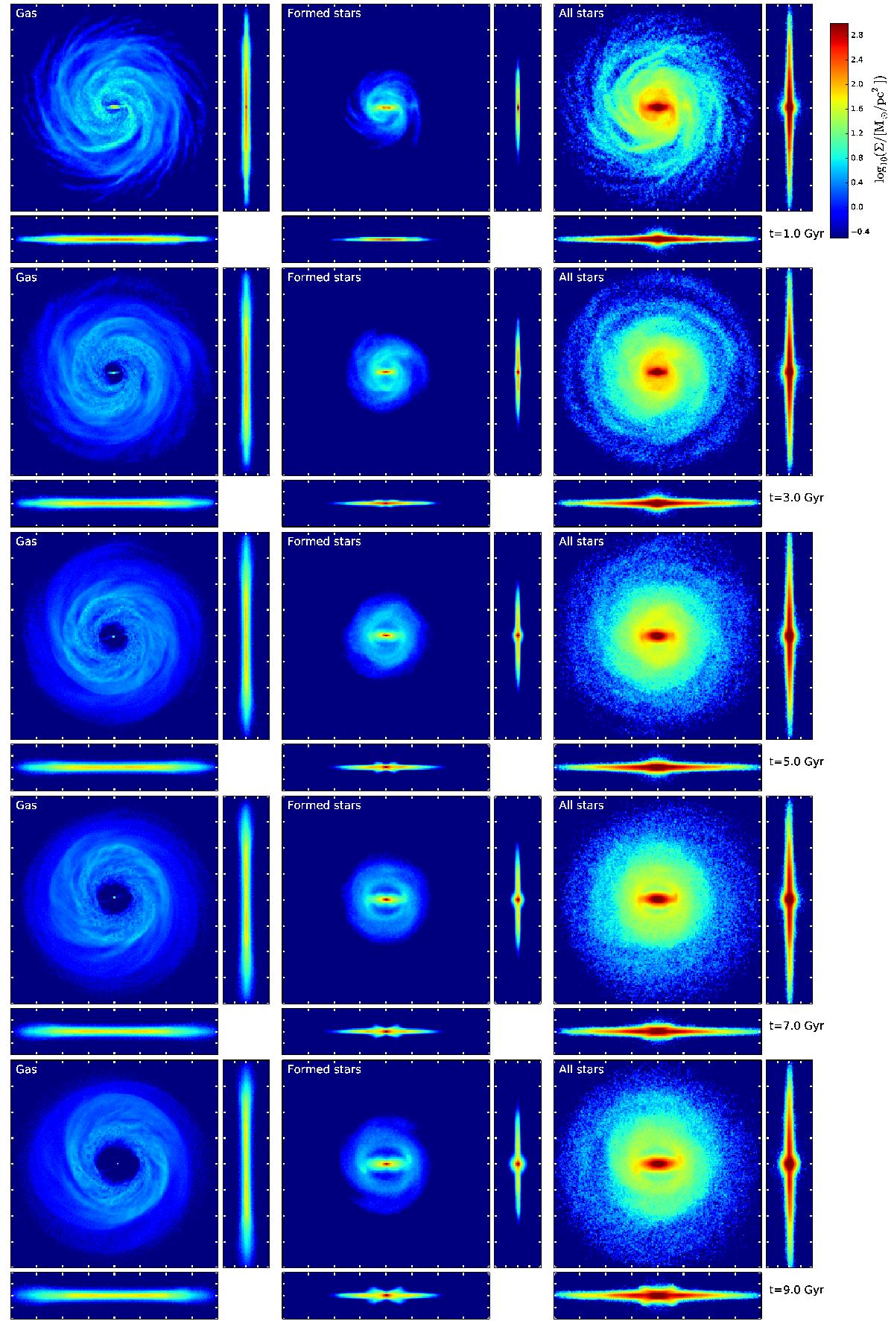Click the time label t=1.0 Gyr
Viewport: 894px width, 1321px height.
click(796, 234)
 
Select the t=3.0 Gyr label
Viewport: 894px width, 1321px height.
click(796, 498)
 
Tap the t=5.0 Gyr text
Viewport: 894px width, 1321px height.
click(796, 762)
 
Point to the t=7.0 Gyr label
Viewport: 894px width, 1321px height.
click(796, 1026)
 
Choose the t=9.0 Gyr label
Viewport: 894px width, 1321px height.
click(796, 1290)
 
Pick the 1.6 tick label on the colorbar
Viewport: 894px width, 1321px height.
click(856, 109)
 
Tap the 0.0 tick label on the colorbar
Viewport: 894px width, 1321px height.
click(856, 206)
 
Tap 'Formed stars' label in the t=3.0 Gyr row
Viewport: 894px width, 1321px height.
click(323, 277)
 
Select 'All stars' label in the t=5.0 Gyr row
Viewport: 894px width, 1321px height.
click(581, 542)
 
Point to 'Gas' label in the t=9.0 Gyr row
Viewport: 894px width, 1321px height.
click(26, 1069)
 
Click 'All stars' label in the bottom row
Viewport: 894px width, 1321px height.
click(581, 1069)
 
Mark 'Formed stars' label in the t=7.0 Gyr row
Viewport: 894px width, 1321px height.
click(323, 805)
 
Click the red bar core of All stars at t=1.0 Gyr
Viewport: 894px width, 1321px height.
click(657, 107)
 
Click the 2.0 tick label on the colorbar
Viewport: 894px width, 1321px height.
click(856, 84)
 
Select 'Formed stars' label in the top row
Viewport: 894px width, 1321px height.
click(323, 13)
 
